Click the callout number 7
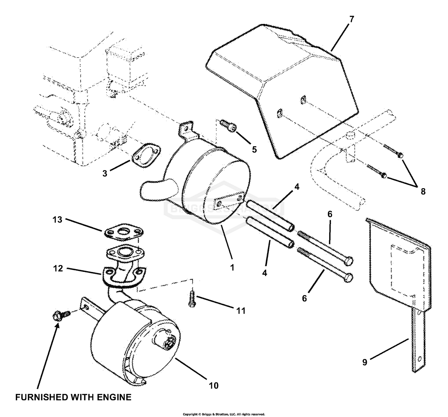pos(351,19)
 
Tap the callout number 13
pos(57,220)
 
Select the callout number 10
pos(214,385)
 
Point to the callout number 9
pos(365,362)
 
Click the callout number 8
pos(423,191)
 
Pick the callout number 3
pos(105,174)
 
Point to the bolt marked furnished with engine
pos(61,315)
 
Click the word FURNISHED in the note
pos(42,397)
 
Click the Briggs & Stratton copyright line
pos(224,414)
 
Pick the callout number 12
pos(58,269)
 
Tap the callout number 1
pos(232,268)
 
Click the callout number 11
pos(240,311)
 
